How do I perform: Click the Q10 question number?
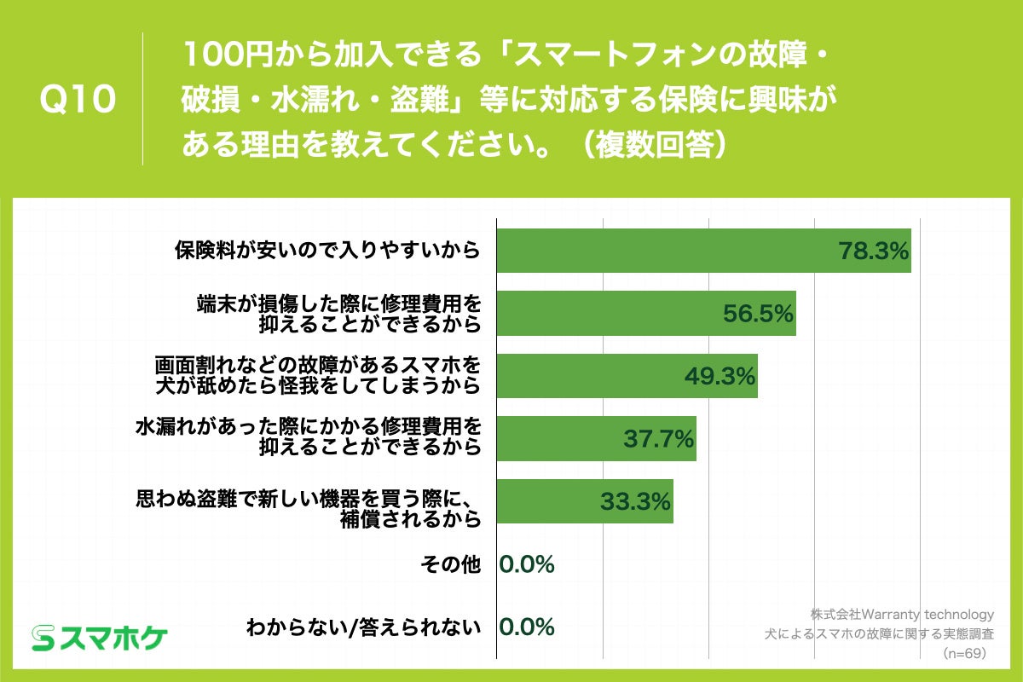click(78, 100)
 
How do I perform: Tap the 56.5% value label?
click(758, 314)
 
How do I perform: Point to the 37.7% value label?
click(658, 439)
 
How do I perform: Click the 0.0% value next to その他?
click(527, 564)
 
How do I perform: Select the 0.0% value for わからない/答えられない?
click(527, 627)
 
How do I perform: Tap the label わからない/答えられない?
click(363, 628)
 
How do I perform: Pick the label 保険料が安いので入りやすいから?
click(327, 251)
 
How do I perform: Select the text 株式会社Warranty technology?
click(902, 614)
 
